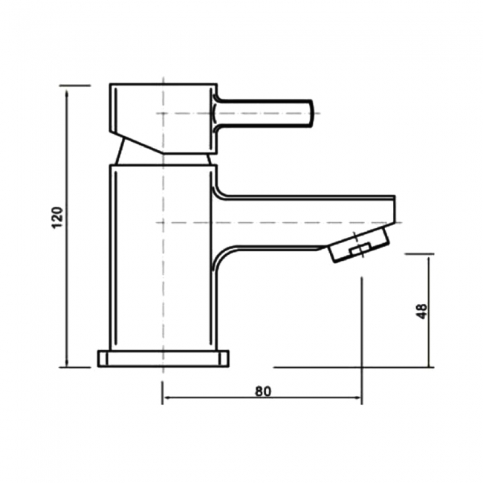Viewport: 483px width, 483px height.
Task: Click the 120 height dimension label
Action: point(59,217)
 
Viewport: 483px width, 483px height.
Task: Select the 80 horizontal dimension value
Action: point(262,390)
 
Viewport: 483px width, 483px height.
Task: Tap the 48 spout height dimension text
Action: point(422,311)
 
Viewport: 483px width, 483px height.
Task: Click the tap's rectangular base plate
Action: point(163,358)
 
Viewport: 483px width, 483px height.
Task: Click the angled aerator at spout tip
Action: point(359,246)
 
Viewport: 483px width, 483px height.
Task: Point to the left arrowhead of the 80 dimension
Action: point(166,398)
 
